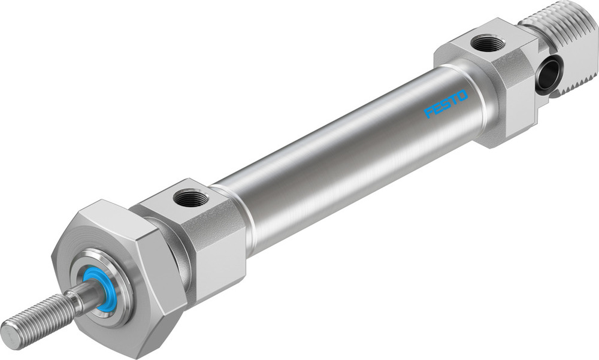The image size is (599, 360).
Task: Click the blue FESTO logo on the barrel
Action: click(446, 104)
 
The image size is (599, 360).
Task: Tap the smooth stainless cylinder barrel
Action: click(347, 156)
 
